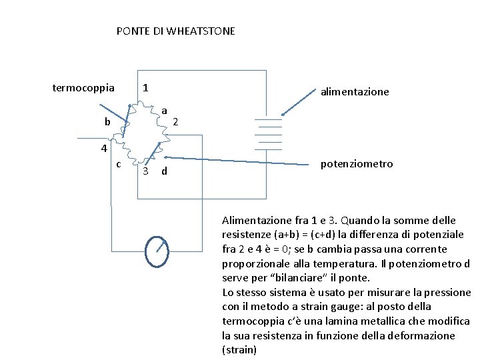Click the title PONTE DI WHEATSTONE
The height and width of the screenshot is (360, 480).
tap(175, 31)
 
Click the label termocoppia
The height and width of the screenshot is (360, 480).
tap(83, 87)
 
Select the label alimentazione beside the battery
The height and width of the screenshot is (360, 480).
tap(355, 92)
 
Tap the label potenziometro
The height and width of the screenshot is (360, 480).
tap(357, 164)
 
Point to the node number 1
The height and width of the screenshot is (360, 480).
tap(146, 88)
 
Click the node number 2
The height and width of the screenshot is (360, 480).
tap(175, 122)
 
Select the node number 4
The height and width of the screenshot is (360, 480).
tap(97, 148)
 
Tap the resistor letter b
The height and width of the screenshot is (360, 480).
tap(107, 123)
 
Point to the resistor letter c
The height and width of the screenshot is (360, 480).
tap(118, 164)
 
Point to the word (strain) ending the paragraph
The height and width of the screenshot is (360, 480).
tap(239, 350)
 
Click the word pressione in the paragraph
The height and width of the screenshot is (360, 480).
tap(447, 293)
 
